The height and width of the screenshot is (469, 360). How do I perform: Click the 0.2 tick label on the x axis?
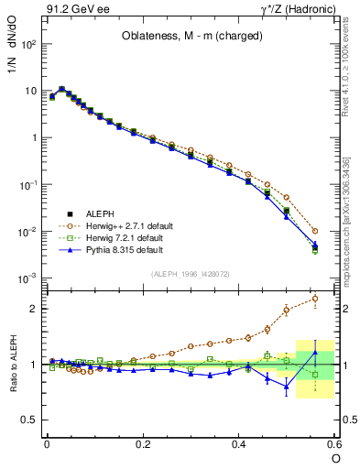click(142, 444)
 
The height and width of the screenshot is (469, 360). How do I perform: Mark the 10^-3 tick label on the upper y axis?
click(27, 278)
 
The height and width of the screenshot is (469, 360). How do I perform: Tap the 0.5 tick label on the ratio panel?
click(29, 420)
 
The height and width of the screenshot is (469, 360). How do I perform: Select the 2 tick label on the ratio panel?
click(33, 309)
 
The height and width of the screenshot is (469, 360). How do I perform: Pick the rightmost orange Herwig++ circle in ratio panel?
click(315, 298)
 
